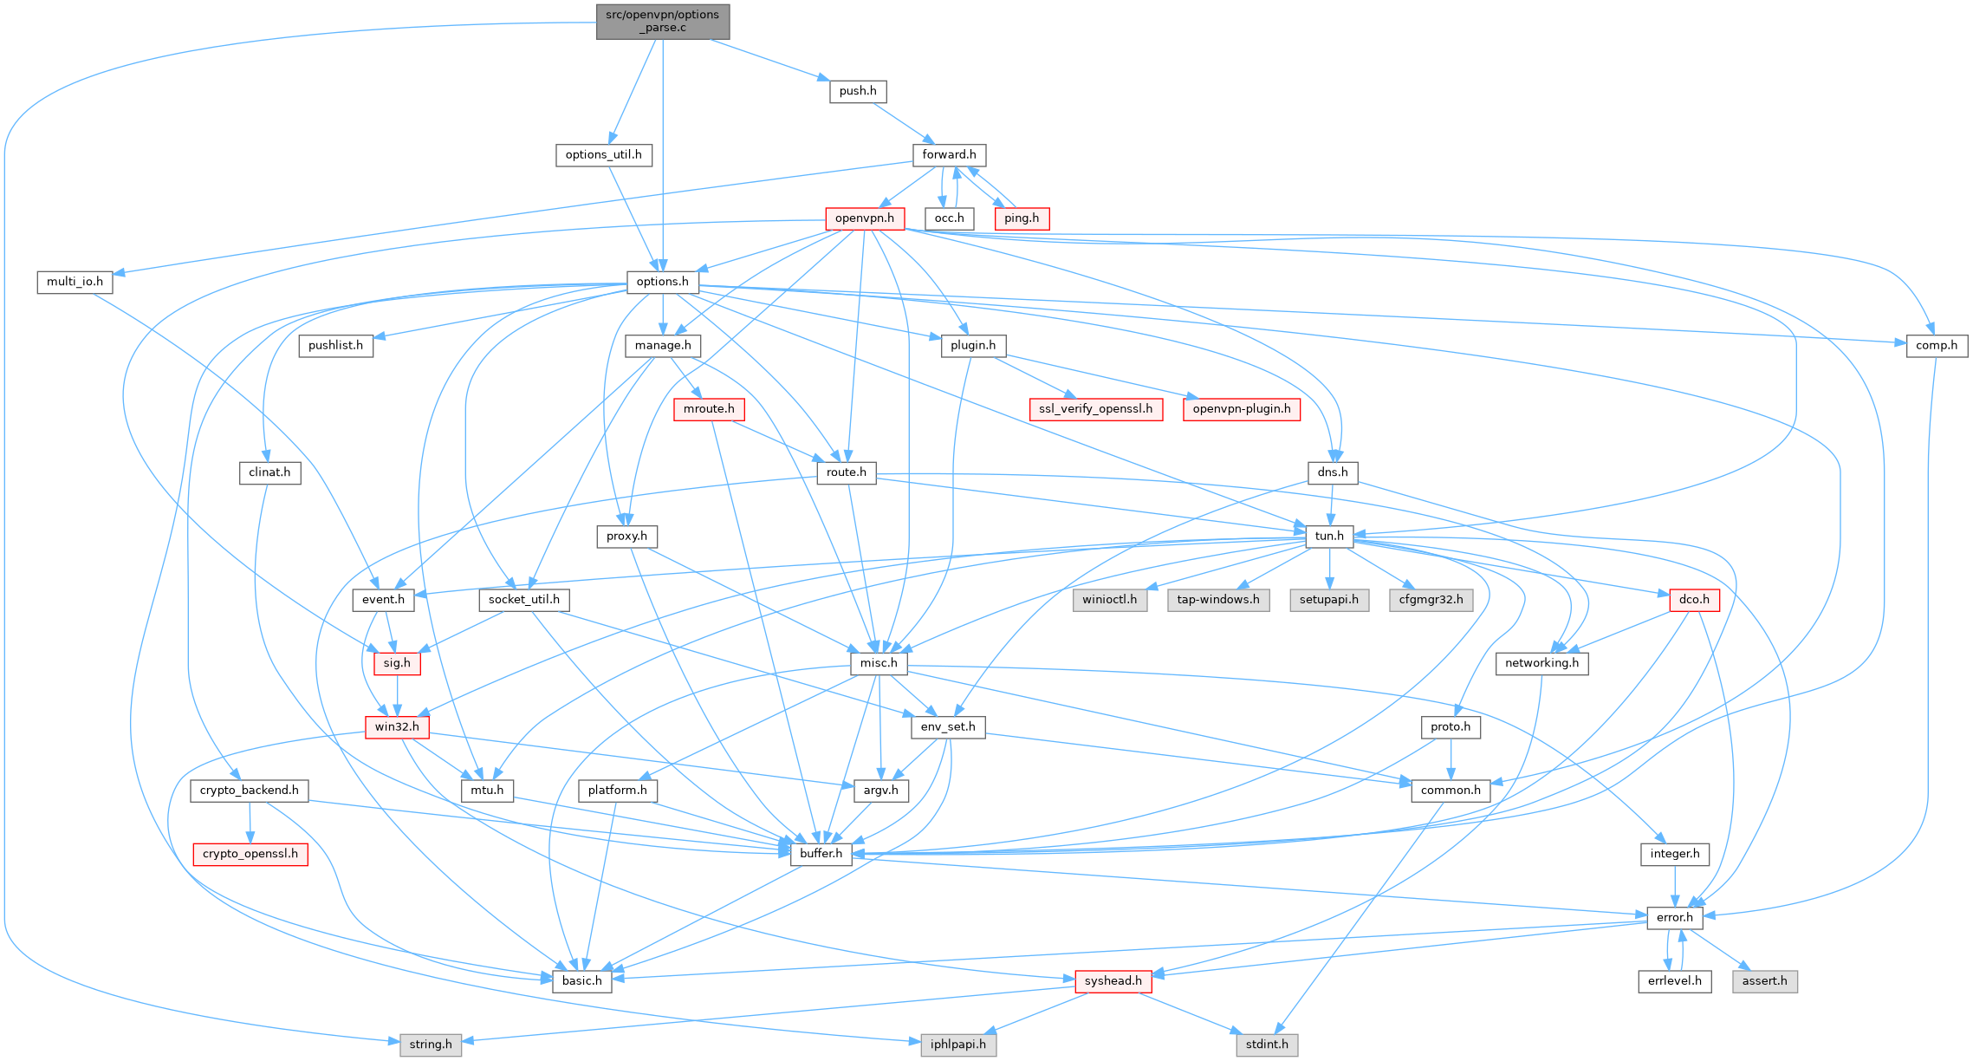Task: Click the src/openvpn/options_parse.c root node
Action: (663, 22)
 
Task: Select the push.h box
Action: (858, 91)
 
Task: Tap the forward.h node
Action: (949, 154)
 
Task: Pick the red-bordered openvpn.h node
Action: (865, 218)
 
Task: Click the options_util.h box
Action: (603, 154)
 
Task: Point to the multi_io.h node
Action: (75, 282)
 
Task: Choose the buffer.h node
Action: (821, 854)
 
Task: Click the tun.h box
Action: (1329, 536)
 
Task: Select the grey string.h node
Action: (431, 1045)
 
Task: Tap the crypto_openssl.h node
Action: (250, 854)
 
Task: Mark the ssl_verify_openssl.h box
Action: (1095, 409)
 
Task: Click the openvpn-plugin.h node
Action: (1241, 409)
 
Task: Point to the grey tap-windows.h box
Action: (1218, 600)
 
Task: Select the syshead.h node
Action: (1113, 981)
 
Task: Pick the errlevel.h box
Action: (1674, 981)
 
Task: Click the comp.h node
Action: (1937, 345)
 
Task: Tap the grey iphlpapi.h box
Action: (957, 1045)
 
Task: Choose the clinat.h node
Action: (269, 472)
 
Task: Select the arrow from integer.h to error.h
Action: (1674, 886)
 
